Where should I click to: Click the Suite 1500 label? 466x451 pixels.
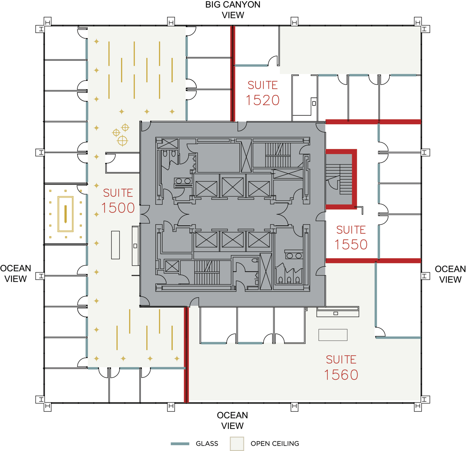(118, 201)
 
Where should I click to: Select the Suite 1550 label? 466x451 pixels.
(351, 238)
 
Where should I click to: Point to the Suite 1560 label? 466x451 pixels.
(341, 368)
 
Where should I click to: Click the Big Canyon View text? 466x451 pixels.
(233, 10)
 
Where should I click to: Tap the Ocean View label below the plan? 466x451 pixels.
(232, 420)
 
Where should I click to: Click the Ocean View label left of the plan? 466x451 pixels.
(16, 274)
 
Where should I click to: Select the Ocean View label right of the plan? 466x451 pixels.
(450, 274)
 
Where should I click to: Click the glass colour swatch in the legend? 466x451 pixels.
(180, 444)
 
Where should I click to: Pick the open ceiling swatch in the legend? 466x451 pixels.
(237, 444)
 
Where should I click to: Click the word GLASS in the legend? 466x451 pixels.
(207, 444)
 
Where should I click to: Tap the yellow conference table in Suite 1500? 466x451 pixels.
(65, 214)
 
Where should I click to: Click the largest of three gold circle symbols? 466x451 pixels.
(122, 141)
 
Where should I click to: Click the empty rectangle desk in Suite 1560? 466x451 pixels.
(333, 335)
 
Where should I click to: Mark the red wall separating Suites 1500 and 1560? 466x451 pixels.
(186, 355)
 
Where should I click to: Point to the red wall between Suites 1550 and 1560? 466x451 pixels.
(373, 261)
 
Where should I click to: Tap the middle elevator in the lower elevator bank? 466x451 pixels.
(233, 240)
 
